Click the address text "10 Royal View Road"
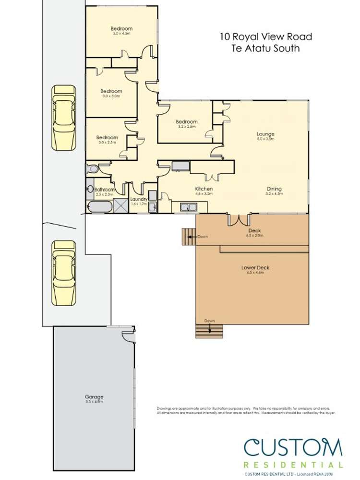266,36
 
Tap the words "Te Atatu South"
265,48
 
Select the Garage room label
94,397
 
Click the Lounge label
265,134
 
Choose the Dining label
274,189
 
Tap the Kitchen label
204,189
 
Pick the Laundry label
138,199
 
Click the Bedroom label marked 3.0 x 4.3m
121,29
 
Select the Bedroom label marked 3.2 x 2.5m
186,122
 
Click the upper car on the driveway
64,117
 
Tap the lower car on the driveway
64,273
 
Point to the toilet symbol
92,169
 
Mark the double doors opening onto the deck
239,219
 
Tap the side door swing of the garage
128,336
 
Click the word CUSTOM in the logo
293,448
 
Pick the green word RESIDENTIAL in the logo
293,465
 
